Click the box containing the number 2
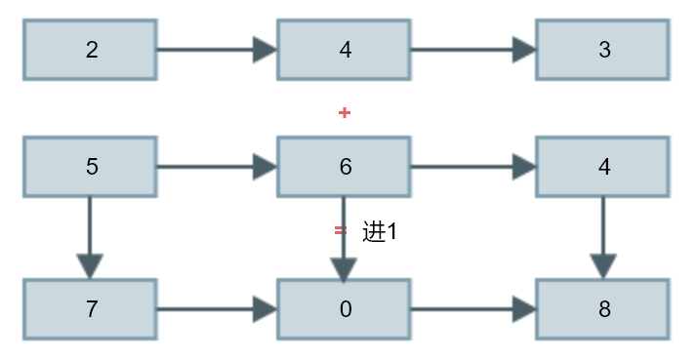click(x=90, y=50)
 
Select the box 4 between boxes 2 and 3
click(x=344, y=50)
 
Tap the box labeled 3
click(x=602, y=50)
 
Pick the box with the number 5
click(x=90, y=167)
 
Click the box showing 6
click(x=344, y=167)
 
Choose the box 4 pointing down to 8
click(x=602, y=167)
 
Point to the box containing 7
click(x=90, y=309)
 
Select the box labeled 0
click(x=344, y=309)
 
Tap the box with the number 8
click(x=602, y=309)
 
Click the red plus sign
click(x=345, y=113)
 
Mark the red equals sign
click(x=341, y=230)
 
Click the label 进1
click(x=379, y=231)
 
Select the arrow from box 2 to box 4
click(x=217, y=50)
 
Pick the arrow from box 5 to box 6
click(x=217, y=167)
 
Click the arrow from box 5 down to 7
click(x=90, y=238)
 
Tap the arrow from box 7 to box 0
click(x=217, y=309)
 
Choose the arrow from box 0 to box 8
click(x=473, y=309)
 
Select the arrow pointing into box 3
click(x=473, y=50)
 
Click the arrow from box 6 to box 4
click(x=473, y=167)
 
